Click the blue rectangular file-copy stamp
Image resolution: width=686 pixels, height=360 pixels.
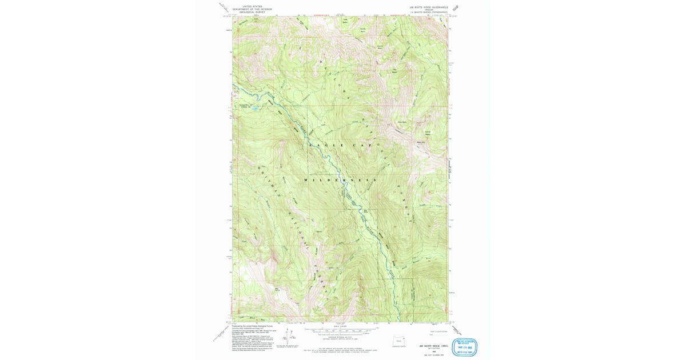(464, 347)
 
